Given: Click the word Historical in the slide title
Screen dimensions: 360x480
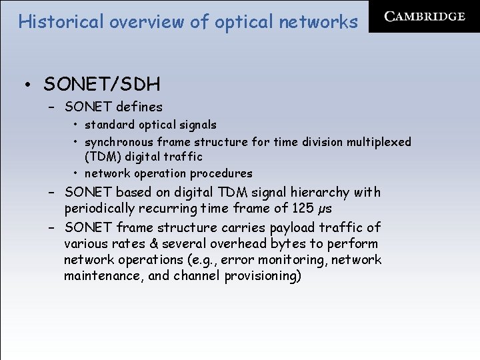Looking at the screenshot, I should pos(61,22).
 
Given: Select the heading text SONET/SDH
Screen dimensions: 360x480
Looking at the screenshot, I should pos(101,85).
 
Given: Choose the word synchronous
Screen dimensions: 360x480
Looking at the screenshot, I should pos(119,142).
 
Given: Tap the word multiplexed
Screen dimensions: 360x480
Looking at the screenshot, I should pos(380,142).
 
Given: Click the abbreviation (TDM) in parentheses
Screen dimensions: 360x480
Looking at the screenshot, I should pos(103,157).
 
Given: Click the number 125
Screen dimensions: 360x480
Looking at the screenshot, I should pos(303,208).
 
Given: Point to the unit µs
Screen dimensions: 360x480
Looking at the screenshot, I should pos(325,209).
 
